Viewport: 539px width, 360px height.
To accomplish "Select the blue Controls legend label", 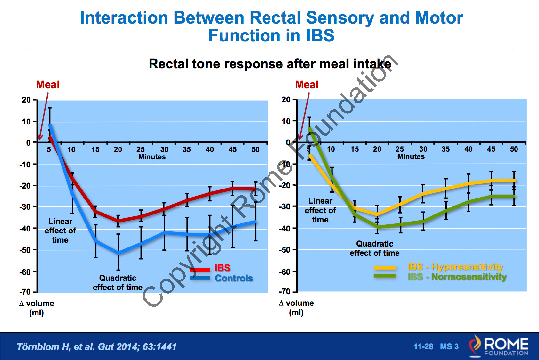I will pos(234,278).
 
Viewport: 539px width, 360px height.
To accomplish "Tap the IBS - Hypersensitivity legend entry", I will pos(455,267).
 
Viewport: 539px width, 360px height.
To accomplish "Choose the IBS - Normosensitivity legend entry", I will pos(457,277).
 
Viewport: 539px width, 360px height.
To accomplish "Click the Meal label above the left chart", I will pos(48,85).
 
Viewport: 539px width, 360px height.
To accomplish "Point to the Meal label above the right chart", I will pos(307,85).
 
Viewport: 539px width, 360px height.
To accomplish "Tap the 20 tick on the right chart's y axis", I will pos(285,100).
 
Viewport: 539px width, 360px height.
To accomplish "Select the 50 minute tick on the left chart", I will pos(255,149).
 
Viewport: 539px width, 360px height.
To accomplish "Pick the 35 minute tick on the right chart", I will pos(445,149).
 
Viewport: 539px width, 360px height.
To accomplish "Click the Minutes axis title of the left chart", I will pos(152,157).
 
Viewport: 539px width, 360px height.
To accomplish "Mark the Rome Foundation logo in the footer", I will pos(499,346).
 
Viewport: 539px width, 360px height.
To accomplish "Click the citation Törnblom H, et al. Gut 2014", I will pos(96,346).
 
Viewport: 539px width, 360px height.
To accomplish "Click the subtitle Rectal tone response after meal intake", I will pos(270,64).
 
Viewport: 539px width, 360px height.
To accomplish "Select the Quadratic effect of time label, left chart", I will pos(118,282).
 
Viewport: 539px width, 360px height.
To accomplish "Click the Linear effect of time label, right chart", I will pos(320,210).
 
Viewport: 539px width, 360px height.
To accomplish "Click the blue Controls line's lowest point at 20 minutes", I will pos(118,253).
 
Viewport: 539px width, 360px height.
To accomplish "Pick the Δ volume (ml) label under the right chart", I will pos(296,308).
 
